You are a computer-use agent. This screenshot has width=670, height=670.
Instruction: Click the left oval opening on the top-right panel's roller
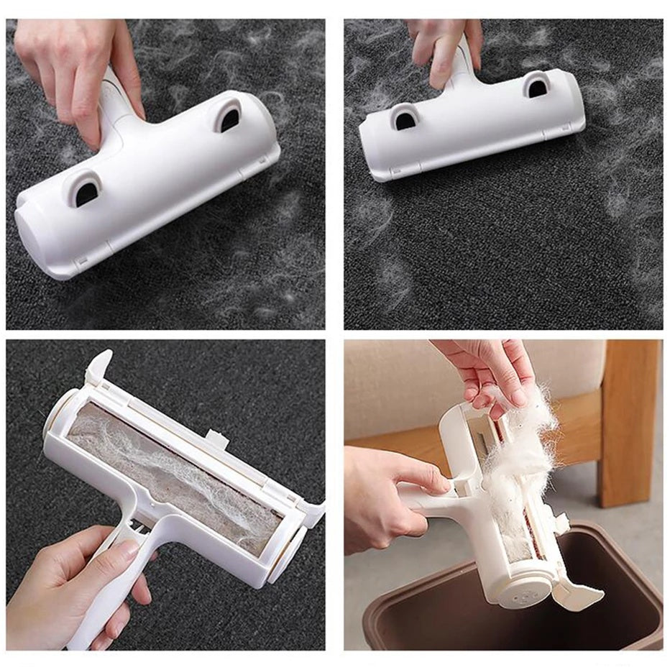(x=405, y=117)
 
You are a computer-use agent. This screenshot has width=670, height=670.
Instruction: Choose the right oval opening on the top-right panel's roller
(x=536, y=86)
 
